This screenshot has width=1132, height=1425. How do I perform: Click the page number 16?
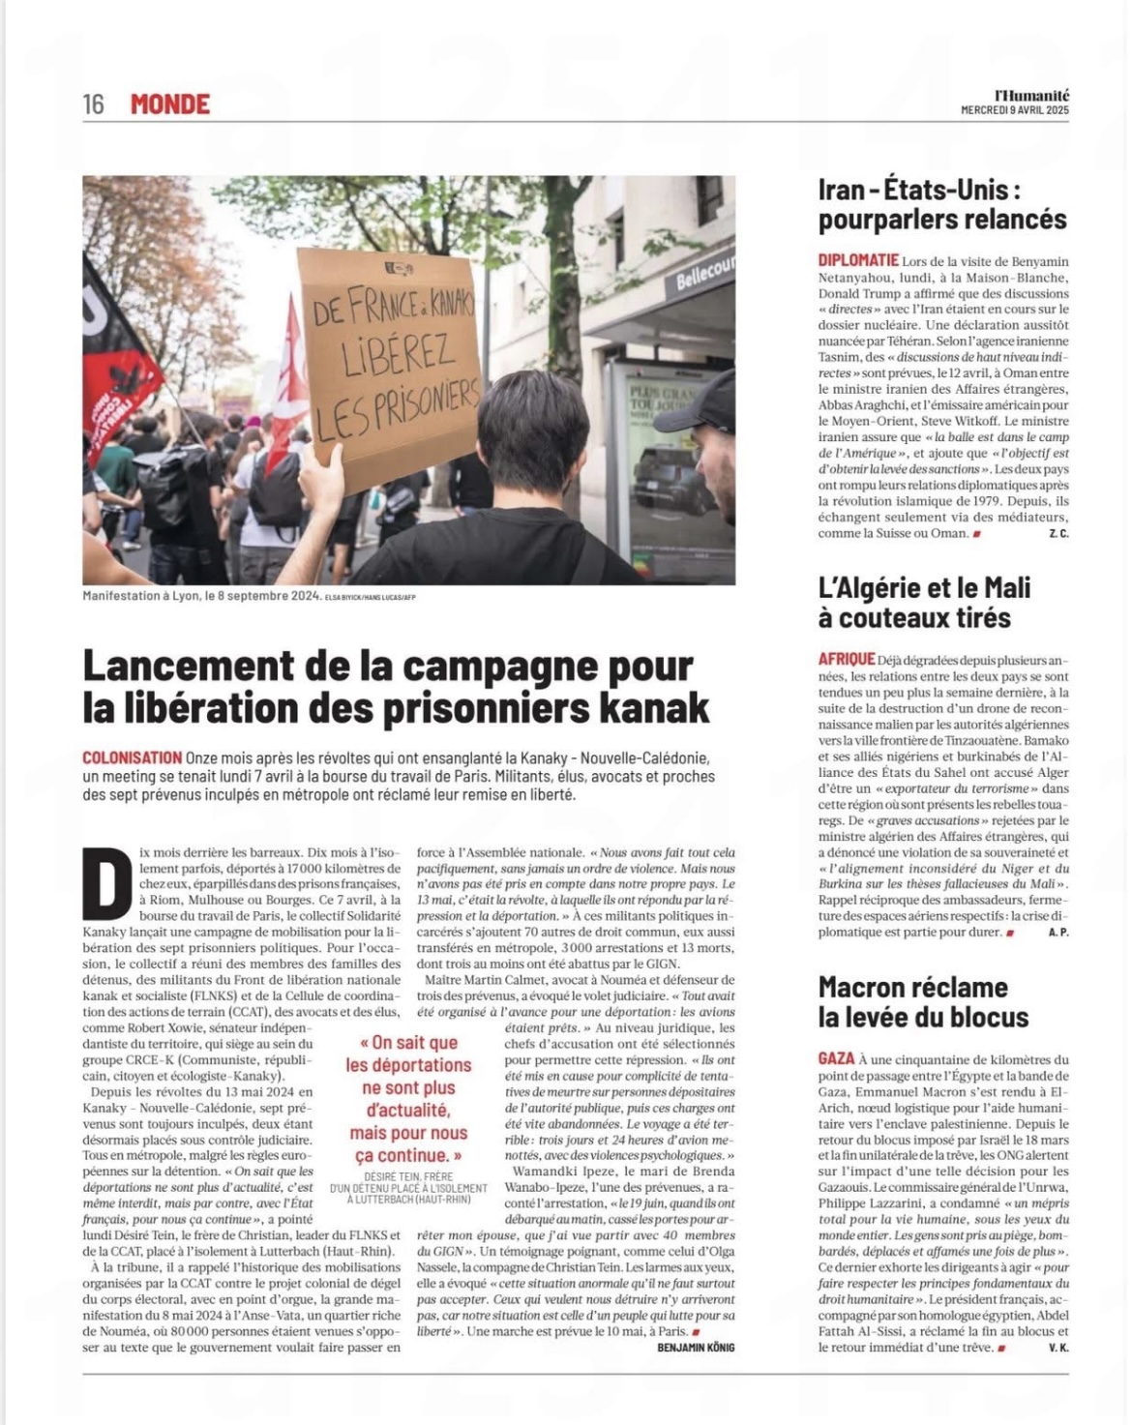point(93,104)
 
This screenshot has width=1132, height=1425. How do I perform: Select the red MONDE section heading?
point(170,104)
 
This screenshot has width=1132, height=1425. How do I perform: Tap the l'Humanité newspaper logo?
point(1031,95)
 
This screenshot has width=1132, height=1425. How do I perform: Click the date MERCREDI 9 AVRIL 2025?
point(1014,110)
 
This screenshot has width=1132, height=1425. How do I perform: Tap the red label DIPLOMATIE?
point(858,260)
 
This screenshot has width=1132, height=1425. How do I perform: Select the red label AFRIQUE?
point(847,660)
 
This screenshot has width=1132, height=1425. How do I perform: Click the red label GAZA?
point(836,1059)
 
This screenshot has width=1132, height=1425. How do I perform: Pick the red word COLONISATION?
point(132,758)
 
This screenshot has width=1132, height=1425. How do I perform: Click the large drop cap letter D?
point(106,883)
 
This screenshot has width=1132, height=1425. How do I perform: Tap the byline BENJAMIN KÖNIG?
point(696,1348)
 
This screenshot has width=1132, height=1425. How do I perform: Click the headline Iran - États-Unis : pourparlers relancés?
point(942,204)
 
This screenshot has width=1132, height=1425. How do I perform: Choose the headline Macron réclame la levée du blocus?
point(923,1001)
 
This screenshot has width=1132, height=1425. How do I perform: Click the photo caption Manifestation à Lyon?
point(201,596)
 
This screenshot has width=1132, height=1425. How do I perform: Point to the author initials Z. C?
point(1058,534)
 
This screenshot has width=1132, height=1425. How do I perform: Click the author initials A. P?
point(1058,933)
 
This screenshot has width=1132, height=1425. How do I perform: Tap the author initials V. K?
point(1058,1348)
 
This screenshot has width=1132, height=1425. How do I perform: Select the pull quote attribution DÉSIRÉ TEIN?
point(407,1177)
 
